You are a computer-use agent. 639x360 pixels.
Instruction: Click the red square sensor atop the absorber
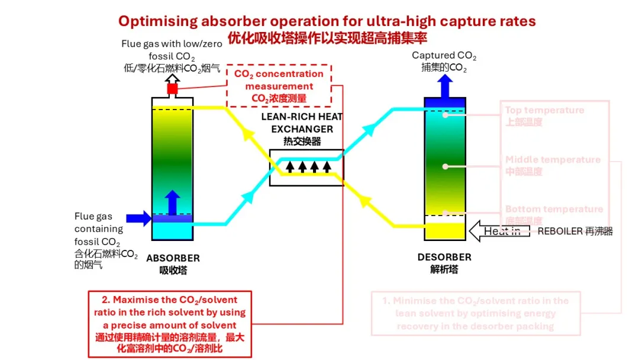(172, 89)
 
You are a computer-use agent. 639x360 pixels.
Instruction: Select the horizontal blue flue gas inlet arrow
(138, 218)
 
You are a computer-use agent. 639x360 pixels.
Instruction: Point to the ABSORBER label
(173, 258)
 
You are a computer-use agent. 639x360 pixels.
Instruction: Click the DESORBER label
(444, 257)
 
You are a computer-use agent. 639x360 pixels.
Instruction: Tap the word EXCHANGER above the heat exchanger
(302, 129)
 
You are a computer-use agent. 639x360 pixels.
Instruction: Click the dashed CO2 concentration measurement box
(279, 86)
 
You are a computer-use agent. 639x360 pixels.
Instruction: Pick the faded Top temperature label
(544, 110)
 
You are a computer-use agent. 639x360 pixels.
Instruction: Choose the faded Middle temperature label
(553, 160)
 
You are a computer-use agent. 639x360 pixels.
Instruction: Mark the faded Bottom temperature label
(554, 209)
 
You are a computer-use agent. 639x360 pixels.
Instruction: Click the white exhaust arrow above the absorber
(172, 78)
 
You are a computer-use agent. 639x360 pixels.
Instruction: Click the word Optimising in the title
(157, 21)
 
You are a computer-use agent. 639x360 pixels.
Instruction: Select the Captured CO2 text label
(444, 56)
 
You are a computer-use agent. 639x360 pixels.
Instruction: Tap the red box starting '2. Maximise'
(170, 324)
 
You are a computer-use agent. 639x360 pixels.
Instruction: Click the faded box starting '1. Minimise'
(476, 313)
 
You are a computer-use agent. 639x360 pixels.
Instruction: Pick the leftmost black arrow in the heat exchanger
(290, 166)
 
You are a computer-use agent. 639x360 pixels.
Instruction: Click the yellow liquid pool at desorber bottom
(445, 230)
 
